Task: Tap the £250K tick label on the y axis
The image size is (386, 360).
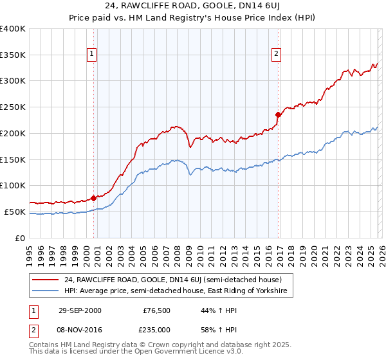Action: point(13,107)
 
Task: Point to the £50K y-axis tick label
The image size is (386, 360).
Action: point(15,212)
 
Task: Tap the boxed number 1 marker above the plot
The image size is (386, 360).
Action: point(93,54)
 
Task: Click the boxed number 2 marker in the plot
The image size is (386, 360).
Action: point(276,54)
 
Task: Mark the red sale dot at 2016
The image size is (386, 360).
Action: point(278,115)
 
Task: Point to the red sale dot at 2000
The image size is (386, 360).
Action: point(94,198)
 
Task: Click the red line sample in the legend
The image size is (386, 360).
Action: point(46,280)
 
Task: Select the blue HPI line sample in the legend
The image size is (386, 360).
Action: point(46,291)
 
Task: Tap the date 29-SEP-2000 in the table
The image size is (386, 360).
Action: point(80,310)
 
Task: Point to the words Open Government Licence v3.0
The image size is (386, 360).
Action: point(193,352)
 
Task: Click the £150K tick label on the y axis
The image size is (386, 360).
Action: point(13,159)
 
